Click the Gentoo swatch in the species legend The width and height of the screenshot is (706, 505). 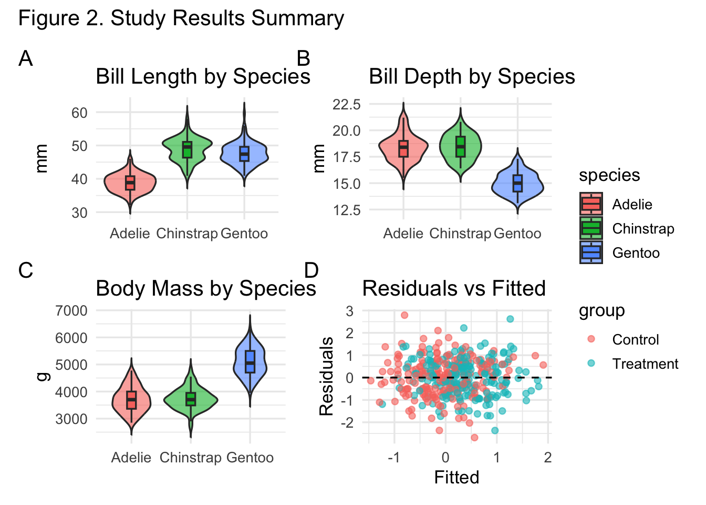[591, 252]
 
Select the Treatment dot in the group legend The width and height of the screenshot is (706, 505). [591, 363]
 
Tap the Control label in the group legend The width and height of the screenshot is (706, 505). [635, 340]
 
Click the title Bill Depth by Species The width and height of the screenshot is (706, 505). [471, 77]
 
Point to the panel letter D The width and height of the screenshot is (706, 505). [312, 270]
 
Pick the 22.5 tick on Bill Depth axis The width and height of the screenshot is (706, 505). [346, 104]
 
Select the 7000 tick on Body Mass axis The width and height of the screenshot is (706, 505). [71, 310]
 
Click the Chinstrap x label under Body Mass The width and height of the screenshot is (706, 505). [190, 458]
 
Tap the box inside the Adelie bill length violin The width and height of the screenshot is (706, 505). [130, 183]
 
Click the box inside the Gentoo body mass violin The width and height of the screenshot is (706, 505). [250, 361]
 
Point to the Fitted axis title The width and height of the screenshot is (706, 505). [456, 477]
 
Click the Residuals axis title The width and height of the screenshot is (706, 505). [326, 376]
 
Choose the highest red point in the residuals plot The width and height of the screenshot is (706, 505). [404, 315]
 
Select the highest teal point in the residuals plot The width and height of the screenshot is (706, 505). [510, 319]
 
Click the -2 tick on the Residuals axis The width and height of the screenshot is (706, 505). [349, 422]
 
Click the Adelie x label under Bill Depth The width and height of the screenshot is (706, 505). [403, 234]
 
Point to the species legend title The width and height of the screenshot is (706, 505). [609, 175]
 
